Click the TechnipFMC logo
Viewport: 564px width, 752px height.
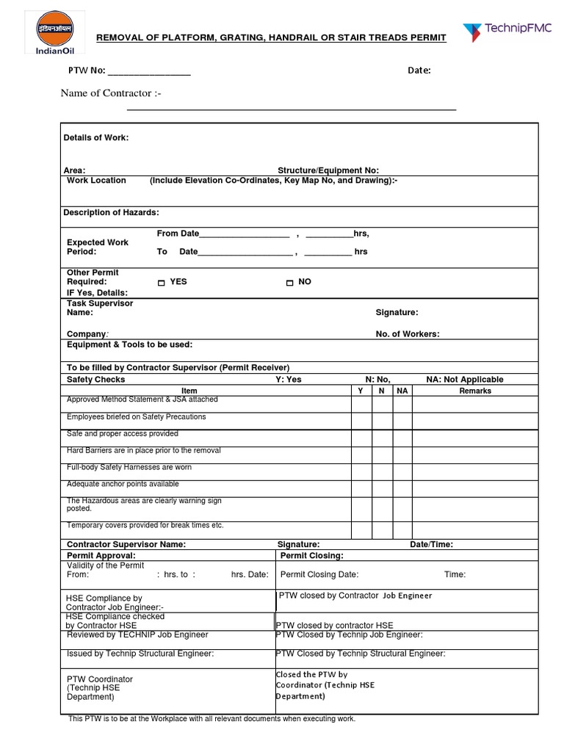pyautogui.click(x=506, y=32)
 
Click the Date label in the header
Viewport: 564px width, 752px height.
pyautogui.click(x=419, y=70)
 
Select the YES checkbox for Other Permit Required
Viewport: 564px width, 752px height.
pyautogui.click(x=162, y=283)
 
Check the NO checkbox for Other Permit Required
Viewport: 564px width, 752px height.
pyautogui.click(x=289, y=283)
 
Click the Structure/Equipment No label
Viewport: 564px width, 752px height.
pyautogui.click(x=328, y=170)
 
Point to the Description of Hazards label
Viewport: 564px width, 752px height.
pyautogui.click(x=111, y=212)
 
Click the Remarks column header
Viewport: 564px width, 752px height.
pyautogui.click(x=475, y=391)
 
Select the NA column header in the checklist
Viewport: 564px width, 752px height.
pyautogui.click(x=402, y=391)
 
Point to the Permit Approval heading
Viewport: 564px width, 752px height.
pyautogui.click(x=101, y=556)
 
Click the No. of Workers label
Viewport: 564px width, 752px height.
pyautogui.click(x=408, y=334)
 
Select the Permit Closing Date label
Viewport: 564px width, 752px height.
pyautogui.click(x=319, y=575)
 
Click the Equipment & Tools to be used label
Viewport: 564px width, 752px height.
pyautogui.click(x=130, y=344)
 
